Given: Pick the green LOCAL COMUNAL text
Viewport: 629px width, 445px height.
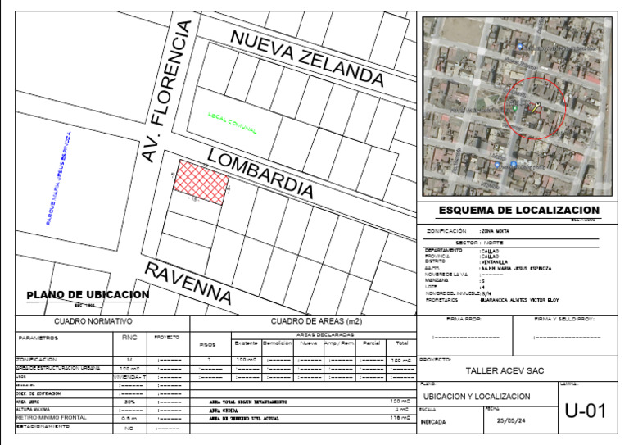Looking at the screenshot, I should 233,123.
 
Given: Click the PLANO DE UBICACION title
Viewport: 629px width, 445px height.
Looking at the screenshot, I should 88,295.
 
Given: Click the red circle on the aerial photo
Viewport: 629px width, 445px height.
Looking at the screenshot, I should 534,106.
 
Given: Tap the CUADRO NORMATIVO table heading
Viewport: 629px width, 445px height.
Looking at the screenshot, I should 93,322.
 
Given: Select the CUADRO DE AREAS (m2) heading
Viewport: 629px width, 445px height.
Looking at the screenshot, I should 305,322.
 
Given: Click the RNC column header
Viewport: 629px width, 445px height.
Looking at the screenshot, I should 129,337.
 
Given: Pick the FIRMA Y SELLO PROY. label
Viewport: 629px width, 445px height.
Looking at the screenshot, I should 564,319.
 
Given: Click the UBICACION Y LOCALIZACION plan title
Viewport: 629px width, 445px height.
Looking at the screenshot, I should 476,397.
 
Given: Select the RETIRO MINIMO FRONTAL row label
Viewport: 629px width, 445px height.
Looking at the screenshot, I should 52,419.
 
